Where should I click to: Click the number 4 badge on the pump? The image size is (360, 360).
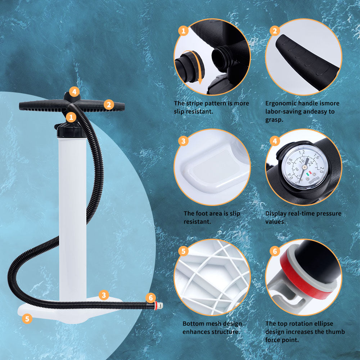74,92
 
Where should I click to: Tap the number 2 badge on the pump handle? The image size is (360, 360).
109,105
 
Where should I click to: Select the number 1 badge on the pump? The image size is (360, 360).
71,117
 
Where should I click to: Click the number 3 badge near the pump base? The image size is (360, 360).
104,295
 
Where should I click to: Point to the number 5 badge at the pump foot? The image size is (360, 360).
27,319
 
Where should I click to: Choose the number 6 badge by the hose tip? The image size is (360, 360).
150,298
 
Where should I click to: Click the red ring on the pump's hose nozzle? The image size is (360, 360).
156,306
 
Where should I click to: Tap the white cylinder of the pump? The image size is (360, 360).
73,218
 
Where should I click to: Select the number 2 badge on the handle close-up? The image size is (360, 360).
275,31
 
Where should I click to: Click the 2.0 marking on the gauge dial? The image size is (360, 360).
321,170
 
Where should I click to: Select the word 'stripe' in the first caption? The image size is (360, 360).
195,104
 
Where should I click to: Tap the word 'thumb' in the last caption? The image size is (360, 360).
334,332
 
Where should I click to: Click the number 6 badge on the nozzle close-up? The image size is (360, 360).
275,251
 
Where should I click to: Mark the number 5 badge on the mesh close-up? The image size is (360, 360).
183,251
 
